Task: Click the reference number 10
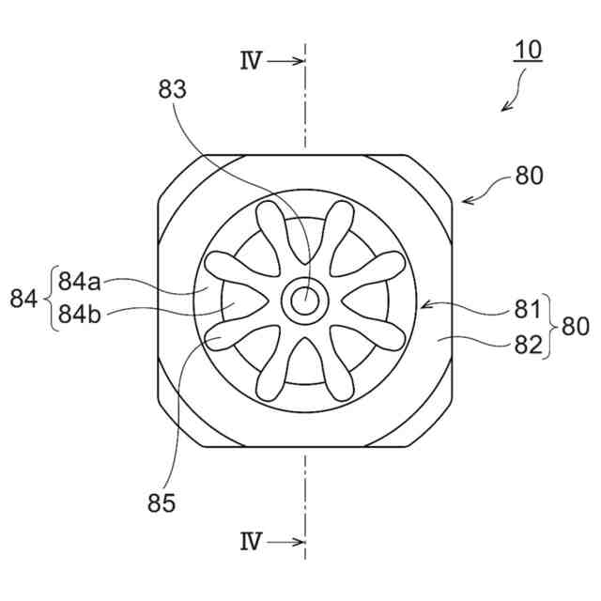(x=529, y=50)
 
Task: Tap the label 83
(x=174, y=90)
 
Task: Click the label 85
(x=161, y=504)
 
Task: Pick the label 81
(x=528, y=309)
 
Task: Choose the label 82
(x=528, y=344)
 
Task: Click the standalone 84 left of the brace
(x=23, y=299)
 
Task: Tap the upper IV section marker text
(x=251, y=62)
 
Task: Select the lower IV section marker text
(x=251, y=542)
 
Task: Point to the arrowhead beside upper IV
(x=299, y=62)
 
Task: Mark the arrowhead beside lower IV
(x=299, y=542)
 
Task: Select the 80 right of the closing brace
(x=575, y=327)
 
